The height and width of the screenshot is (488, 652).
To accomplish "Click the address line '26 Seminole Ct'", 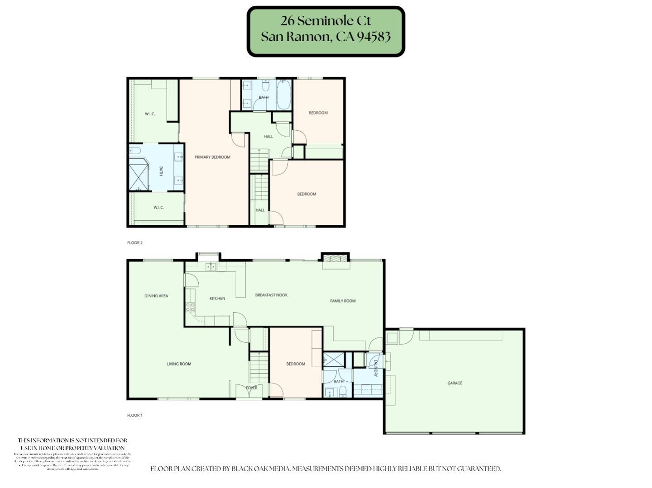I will click(x=325, y=21).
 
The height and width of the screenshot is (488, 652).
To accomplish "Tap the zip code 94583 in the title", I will click(x=374, y=37).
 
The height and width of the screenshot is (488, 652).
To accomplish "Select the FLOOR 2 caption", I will click(x=134, y=243).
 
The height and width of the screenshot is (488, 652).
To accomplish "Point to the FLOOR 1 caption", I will click(x=134, y=415).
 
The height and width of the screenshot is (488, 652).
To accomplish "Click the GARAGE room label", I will click(x=455, y=383).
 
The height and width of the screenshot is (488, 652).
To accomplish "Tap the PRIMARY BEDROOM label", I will click(x=212, y=157).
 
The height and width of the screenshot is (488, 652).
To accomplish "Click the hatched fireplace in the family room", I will click(x=336, y=259).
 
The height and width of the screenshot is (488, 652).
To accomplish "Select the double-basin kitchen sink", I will click(x=211, y=266).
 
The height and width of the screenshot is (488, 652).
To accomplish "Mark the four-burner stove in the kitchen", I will click(x=190, y=308).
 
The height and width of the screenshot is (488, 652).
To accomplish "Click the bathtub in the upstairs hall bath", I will click(x=284, y=94).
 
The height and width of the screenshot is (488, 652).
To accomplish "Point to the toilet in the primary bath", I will click(x=135, y=151).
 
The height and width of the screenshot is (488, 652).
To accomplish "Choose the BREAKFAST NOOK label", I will click(x=271, y=295).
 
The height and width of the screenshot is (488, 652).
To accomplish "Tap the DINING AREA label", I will click(x=156, y=296).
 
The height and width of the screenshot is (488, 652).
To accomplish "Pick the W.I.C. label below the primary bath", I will click(x=158, y=208).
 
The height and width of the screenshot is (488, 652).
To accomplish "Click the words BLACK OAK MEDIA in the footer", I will click(x=260, y=469).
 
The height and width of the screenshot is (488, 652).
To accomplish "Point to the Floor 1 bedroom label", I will click(x=295, y=364).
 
